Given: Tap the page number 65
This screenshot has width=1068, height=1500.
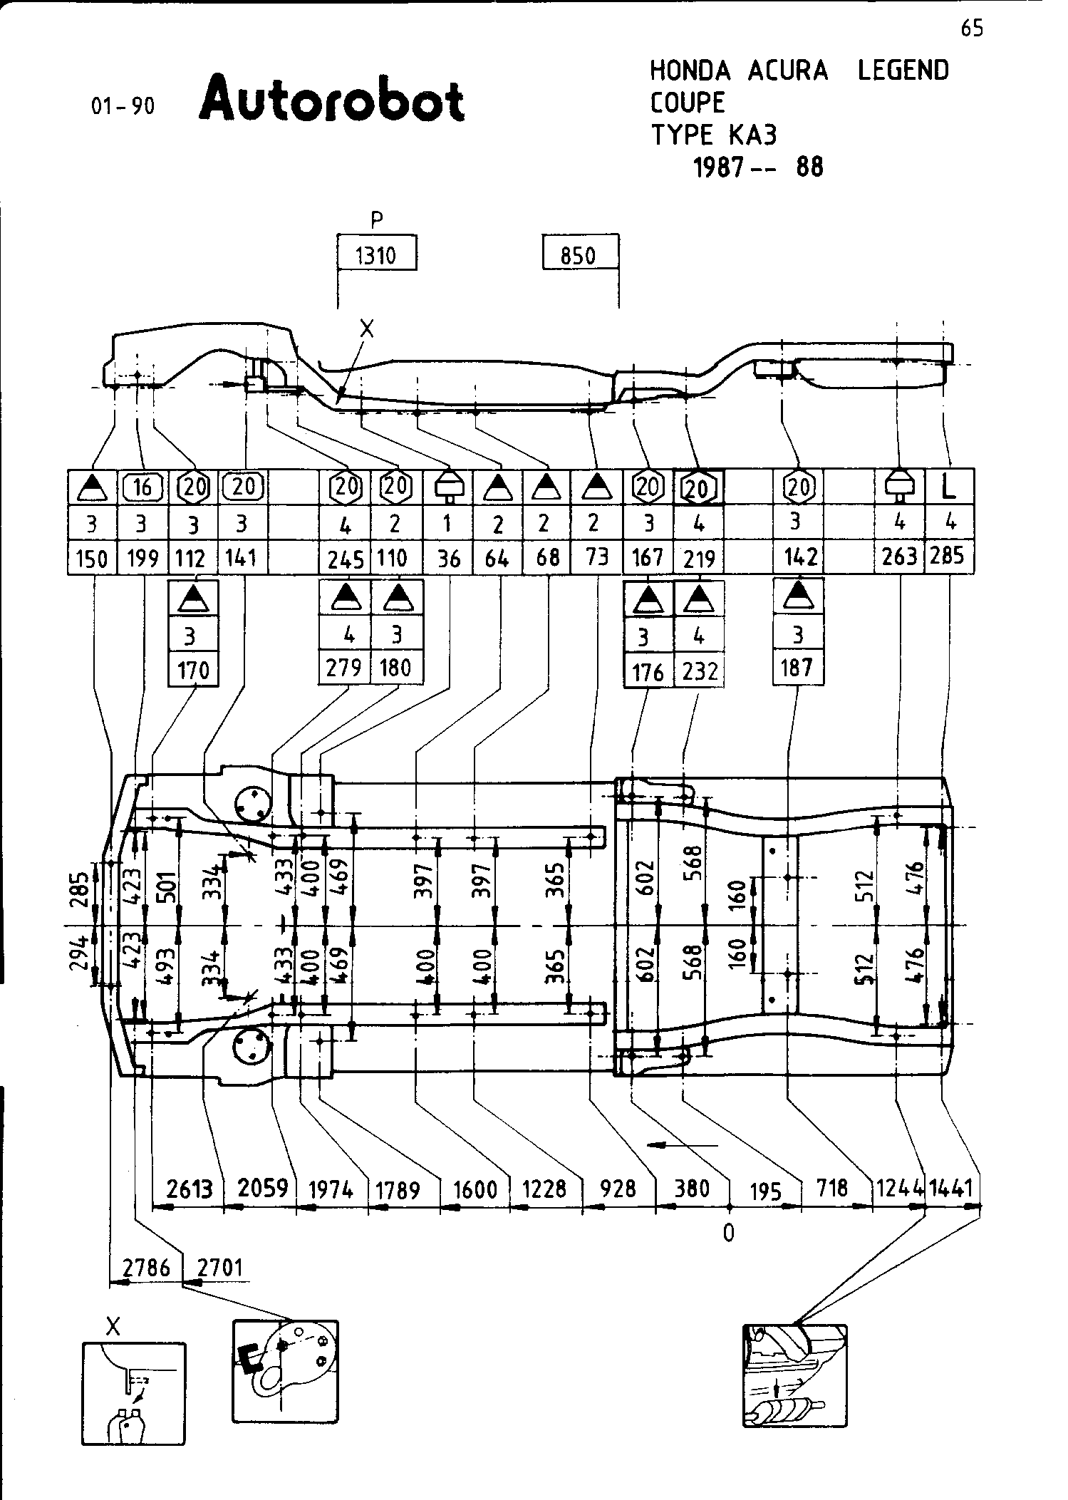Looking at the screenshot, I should [972, 29].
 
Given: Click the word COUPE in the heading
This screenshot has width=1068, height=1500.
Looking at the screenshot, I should [687, 103].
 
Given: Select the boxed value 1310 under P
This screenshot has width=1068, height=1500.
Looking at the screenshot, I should [375, 254].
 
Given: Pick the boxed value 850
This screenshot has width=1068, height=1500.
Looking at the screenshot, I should [578, 254].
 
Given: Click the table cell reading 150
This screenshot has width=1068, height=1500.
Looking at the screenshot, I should [92, 558].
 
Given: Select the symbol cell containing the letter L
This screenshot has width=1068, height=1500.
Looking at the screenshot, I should [948, 487].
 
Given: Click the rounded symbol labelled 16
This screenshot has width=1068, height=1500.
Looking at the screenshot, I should [143, 487].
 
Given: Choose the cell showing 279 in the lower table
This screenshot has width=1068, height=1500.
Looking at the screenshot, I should [344, 668].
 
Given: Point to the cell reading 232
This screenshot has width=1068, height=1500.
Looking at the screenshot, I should [700, 671].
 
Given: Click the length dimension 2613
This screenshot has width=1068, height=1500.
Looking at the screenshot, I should [190, 1189].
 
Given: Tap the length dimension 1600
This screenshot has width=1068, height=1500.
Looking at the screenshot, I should [475, 1189].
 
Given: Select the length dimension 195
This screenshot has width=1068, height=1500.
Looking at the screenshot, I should [766, 1192].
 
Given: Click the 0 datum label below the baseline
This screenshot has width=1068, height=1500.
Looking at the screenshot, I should [728, 1233].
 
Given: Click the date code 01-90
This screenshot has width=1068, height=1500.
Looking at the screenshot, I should [123, 107].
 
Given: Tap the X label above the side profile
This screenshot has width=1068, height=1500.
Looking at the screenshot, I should [367, 329].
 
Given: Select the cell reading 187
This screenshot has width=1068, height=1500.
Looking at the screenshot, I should [797, 668].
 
